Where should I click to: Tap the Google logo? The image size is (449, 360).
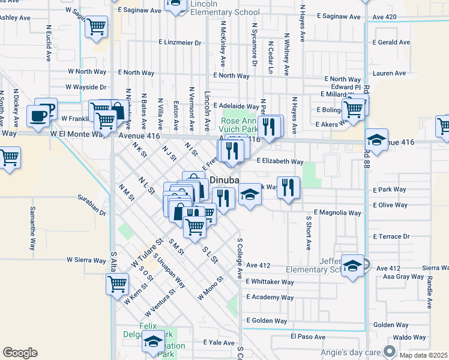point(20,352)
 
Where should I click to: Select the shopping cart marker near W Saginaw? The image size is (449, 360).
point(96,26)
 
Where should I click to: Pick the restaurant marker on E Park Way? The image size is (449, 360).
point(288,188)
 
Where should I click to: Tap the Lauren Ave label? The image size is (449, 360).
point(389,73)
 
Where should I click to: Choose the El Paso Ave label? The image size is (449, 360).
point(308,337)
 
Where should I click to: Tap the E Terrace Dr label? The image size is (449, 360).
point(390,236)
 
